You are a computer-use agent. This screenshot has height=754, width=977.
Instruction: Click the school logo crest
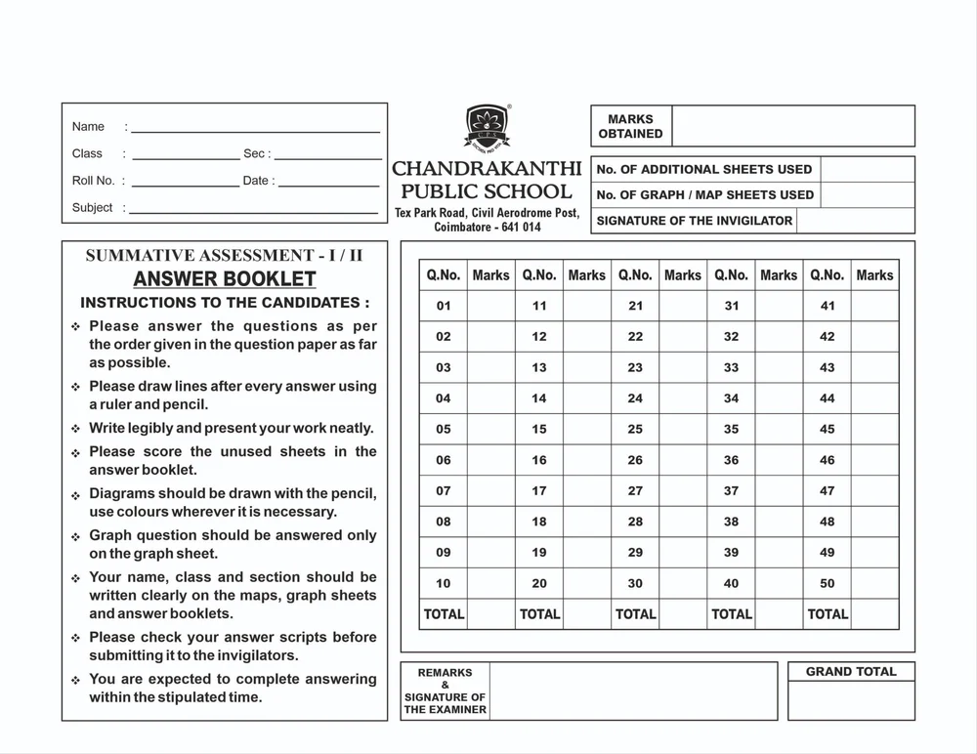tap(487, 128)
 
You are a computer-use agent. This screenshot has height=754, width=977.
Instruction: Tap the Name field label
tap(88, 127)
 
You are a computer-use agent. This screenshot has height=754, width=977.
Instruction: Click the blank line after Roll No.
tap(186, 183)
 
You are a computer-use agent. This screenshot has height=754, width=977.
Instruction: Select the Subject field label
tap(92, 208)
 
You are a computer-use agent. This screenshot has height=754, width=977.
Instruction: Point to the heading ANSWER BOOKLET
tap(225, 279)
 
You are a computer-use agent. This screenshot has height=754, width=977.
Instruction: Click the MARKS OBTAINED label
tap(630, 127)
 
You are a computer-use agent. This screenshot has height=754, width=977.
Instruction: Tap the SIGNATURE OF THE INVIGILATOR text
tap(694, 221)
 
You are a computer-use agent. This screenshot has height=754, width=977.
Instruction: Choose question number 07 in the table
tap(444, 491)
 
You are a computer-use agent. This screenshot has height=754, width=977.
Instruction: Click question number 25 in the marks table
tap(635, 429)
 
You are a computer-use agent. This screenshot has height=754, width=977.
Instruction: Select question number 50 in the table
tap(828, 583)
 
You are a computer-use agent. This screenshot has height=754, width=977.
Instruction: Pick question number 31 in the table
tap(731, 306)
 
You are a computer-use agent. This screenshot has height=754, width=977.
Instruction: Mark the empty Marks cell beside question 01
tap(490, 306)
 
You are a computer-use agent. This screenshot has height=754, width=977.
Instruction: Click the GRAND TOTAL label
tap(850, 672)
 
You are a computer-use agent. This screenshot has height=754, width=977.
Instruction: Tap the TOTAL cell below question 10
tap(444, 614)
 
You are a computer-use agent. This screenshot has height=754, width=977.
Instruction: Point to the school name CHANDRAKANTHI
tap(487, 169)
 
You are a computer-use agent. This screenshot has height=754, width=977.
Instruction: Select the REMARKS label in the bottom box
tap(445, 673)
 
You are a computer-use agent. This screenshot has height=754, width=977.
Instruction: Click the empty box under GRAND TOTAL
tap(850, 700)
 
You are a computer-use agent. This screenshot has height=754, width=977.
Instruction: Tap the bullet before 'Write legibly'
tap(75, 429)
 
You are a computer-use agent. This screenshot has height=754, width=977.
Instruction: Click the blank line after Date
tap(326, 183)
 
